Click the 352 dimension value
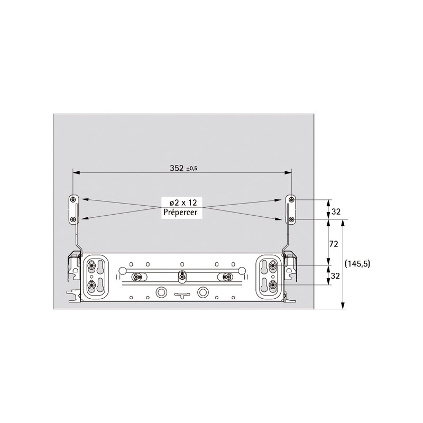click(x=177, y=168)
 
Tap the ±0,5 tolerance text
click(x=192, y=169)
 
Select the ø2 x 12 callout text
click(x=183, y=203)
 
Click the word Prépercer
click(x=180, y=213)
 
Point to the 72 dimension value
click(x=334, y=244)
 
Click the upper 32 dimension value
click(x=336, y=212)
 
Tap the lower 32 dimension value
click(x=335, y=276)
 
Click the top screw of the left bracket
click(x=73, y=200)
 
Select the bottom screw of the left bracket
click(x=73, y=220)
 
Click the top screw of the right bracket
click(x=291, y=200)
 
